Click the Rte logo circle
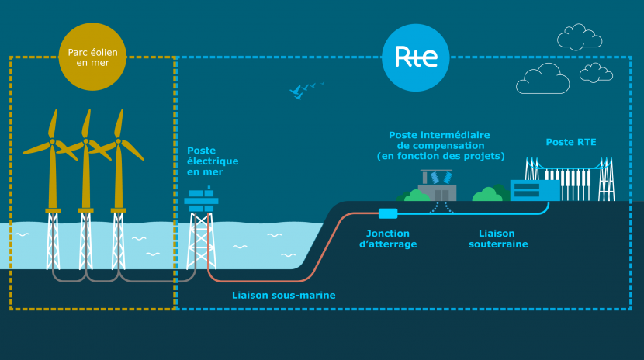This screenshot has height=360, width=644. tap(416, 56)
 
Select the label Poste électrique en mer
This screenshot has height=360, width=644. tap(212, 161)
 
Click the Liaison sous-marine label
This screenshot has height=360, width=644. tap(284, 295)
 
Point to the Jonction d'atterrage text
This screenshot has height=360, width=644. tap(390, 238)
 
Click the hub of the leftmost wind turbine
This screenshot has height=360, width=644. tap(52, 142)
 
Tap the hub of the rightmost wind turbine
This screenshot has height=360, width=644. tap(118, 142)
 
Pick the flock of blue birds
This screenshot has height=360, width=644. tap(304, 89)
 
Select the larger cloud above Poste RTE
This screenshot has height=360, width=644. tap(542, 78)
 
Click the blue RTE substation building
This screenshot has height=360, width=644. tap(535, 189)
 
